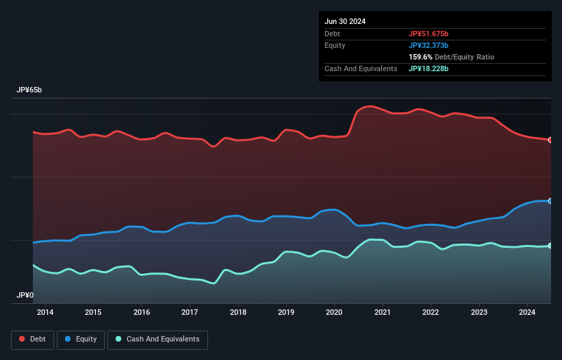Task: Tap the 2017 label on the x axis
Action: coord(190,313)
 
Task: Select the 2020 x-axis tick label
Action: coord(335,313)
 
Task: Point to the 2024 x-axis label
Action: coord(528,313)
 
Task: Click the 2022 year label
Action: coord(431,313)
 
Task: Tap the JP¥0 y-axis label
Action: coord(25,296)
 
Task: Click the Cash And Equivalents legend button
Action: coord(157,339)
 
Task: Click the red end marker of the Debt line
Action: coord(550,140)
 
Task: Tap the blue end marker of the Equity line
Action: coord(550,201)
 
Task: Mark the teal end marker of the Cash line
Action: coord(550,246)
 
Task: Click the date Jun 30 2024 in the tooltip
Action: coord(345,21)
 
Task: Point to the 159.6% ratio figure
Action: coord(421,57)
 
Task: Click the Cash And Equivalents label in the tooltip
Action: coord(361,69)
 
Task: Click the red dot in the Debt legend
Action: coord(22,339)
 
